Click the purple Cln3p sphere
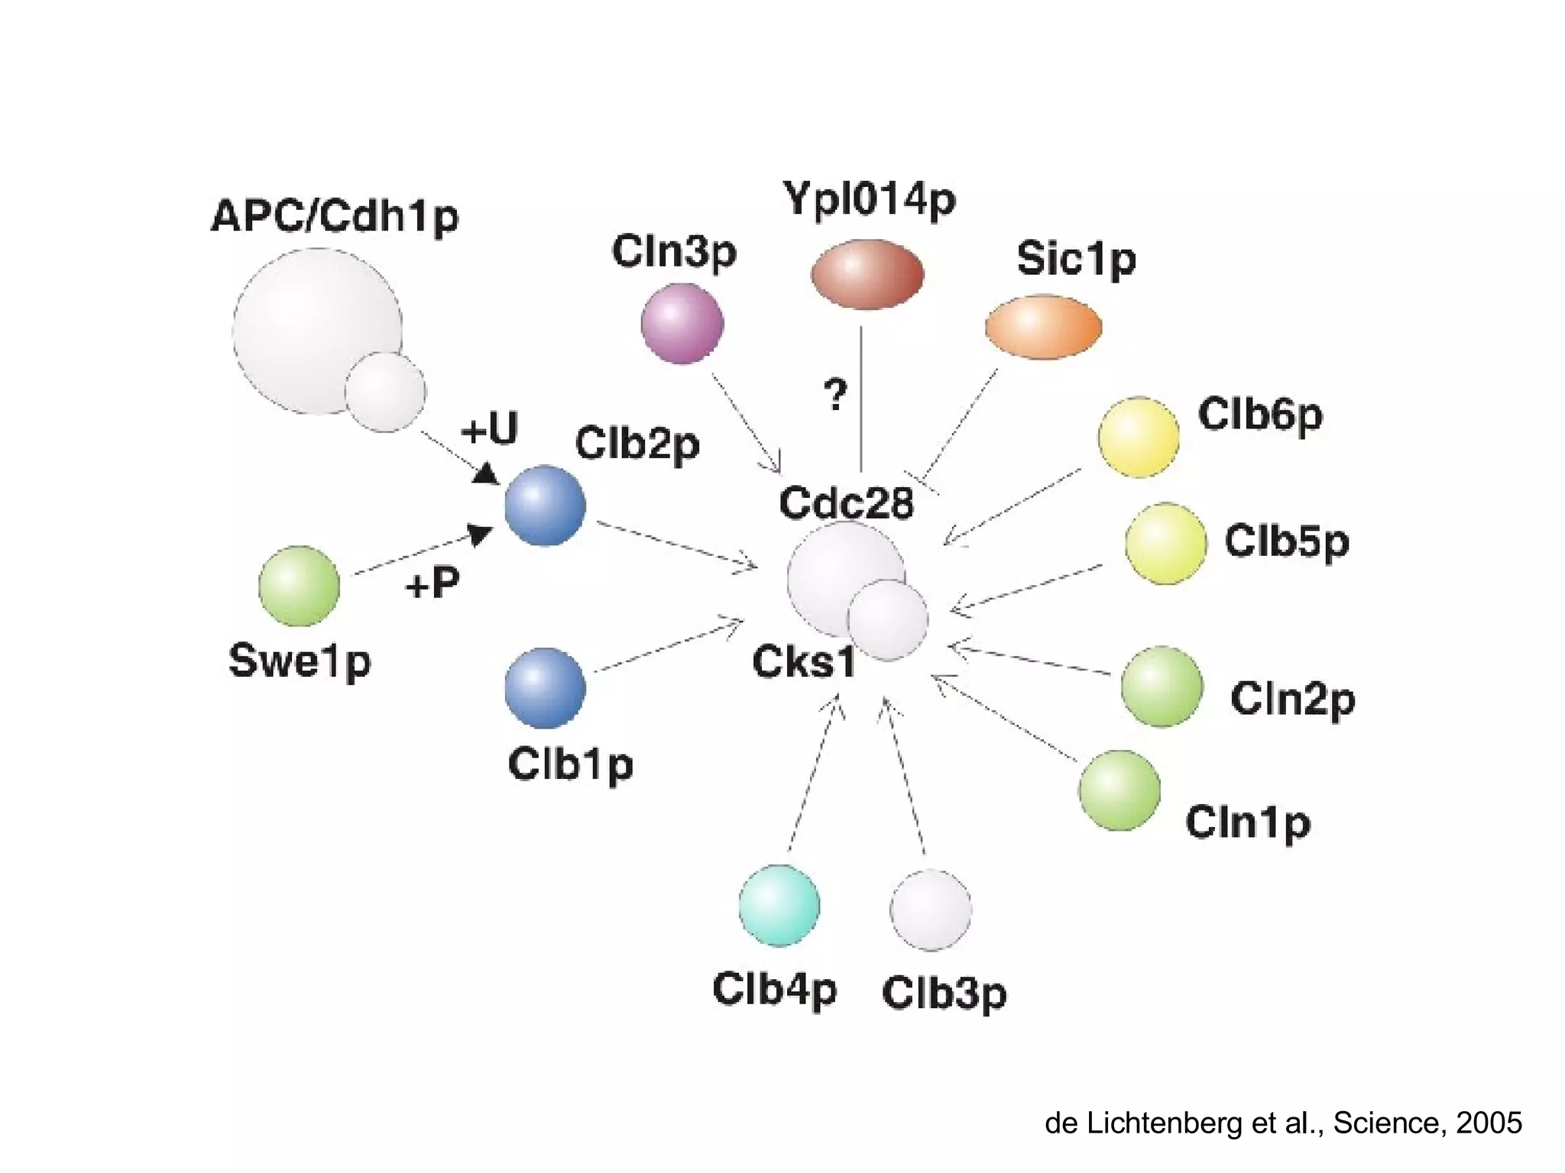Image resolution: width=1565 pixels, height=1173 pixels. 682,323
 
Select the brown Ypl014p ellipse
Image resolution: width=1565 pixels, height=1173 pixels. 867,274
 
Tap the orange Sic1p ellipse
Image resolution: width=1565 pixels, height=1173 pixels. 1043,327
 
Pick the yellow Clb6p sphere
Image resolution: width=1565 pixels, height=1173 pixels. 1138,438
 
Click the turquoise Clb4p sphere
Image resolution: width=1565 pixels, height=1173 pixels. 779,906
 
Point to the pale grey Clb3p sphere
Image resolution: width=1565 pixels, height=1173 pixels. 931,910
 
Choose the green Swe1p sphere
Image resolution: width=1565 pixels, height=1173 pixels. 299,586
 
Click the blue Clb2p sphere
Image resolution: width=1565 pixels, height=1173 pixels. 545,506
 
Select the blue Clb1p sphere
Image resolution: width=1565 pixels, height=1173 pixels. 545,687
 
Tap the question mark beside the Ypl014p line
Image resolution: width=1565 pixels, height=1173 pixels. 835,395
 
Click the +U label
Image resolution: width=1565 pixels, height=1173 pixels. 489,428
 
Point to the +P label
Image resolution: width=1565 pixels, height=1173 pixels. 433,584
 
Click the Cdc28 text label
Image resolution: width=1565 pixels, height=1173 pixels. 846,503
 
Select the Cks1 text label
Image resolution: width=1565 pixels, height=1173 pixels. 803,662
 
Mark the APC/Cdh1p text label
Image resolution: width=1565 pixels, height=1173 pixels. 335,217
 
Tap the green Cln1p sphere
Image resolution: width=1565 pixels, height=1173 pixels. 1119,790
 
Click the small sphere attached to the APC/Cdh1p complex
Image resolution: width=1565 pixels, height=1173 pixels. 384,392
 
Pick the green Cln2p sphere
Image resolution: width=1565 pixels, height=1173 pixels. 1161,686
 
